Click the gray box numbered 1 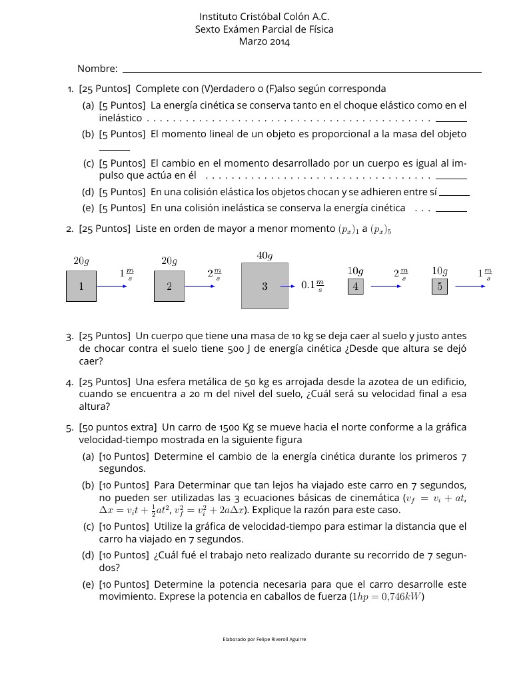pos(81,286)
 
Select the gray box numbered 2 pos(169,286)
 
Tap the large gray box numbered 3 pos(264,286)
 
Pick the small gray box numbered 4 pos(356,287)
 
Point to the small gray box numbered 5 pos(440,287)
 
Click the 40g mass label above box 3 pos(264,255)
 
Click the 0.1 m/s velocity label pos(312,285)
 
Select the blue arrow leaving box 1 pos(112,286)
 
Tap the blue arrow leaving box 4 pos(386,286)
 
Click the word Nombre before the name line pos(97,69)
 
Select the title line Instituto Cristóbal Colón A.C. pos(264,17)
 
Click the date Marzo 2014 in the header pos(264,42)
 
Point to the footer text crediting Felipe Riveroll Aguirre pos(264,639)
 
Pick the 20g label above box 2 pos(169,261)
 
